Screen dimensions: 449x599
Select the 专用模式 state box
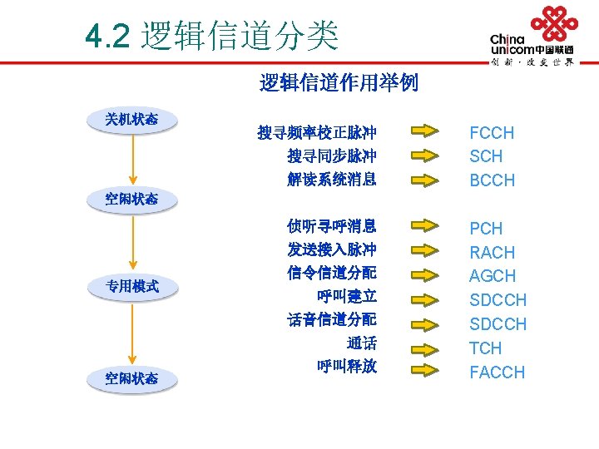131,288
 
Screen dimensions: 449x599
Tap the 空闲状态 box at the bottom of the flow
131,379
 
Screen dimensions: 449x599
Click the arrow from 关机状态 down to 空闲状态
131,158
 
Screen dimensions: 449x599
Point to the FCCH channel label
492,133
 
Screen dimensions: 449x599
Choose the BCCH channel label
492,180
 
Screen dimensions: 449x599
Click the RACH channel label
492,253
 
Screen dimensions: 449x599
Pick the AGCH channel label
492,276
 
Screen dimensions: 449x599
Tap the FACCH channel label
497,373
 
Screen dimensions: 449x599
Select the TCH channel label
485,348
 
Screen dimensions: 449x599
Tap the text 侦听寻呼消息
331,226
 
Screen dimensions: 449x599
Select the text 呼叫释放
347,366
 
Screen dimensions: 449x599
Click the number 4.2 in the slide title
108,37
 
